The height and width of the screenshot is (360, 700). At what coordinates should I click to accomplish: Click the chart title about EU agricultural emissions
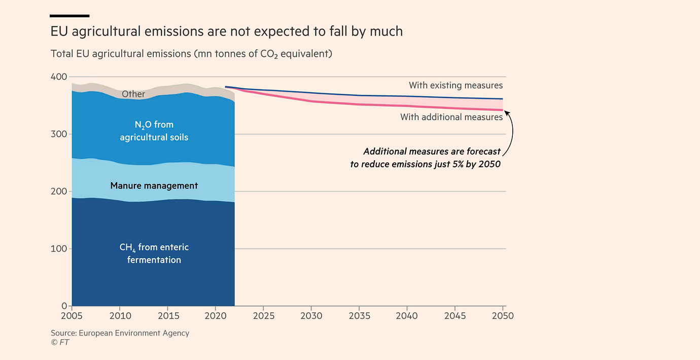(226, 31)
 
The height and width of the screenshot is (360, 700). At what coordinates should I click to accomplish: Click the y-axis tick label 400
(59, 77)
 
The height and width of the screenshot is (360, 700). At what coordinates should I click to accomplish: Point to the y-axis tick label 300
(59, 134)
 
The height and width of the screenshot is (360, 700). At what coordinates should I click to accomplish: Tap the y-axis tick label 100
(59, 248)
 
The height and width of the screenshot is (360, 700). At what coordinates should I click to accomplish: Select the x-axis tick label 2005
(72, 316)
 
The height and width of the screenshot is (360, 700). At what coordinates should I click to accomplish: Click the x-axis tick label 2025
(263, 316)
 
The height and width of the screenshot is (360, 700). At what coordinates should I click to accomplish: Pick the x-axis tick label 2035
(359, 316)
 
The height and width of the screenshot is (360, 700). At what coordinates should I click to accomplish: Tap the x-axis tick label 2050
(503, 316)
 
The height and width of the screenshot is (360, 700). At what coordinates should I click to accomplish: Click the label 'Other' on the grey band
(133, 94)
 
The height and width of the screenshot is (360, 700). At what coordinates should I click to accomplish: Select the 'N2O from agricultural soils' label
(154, 131)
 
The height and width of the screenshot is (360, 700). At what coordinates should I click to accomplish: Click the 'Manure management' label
(154, 186)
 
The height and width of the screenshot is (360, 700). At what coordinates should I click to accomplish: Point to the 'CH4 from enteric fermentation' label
(154, 254)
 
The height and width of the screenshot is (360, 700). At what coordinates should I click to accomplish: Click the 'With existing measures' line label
(456, 86)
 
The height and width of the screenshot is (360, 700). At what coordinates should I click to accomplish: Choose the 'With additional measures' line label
(451, 117)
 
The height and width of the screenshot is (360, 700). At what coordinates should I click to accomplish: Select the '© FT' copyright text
(60, 342)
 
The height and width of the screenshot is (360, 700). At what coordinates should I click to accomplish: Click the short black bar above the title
(70, 16)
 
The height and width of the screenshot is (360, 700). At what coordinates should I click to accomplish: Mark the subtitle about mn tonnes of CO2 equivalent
(191, 54)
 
